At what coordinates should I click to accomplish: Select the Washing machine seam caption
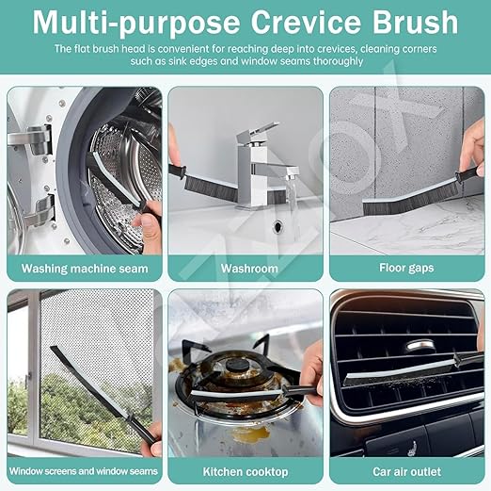pyautogui.click(x=85, y=269)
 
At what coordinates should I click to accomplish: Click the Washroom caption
pyautogui.click(x=249, y=269)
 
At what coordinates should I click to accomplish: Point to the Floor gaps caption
pyautogui.click(x=407, y=269)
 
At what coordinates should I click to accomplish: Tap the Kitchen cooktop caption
pyautogui.click(x=247, y=471)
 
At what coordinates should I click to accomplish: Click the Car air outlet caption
pyautogui.click(x=407, y=471)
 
